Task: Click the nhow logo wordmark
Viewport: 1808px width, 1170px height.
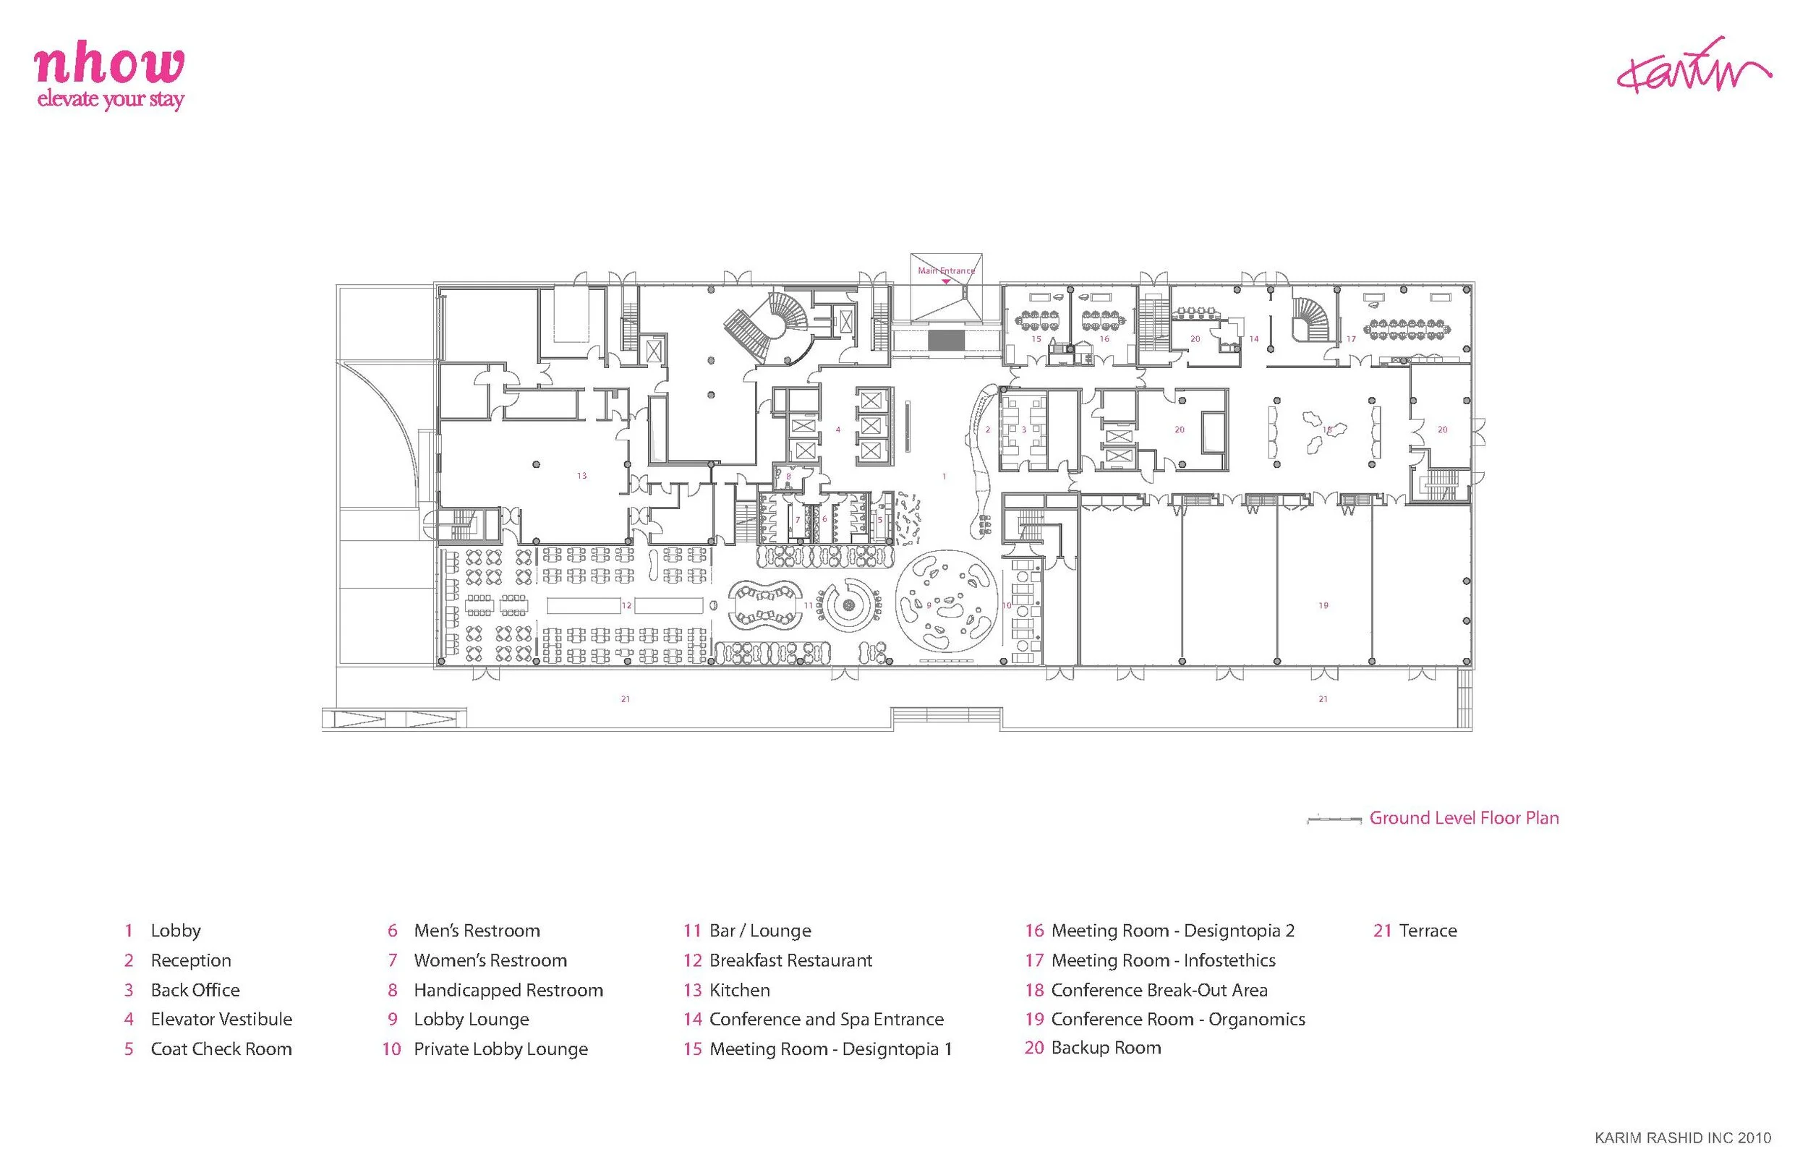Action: (x=109, y=65)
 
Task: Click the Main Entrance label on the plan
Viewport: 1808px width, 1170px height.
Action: (x=946, y=270)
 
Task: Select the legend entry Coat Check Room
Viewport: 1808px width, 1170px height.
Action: (x=221, y=1049)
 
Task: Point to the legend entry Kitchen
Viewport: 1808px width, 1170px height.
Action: (x=738, y=990)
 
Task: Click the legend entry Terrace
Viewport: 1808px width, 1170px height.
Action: (x=1427, y=931)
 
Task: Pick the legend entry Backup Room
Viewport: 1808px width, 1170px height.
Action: (x=1105, y=1049)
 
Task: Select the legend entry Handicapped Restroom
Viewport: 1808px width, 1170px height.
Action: (x=508, y=990)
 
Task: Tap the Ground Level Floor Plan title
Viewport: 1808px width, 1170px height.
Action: (x=1464, y=819)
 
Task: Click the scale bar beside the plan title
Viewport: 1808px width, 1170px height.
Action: (x=1333, y=819)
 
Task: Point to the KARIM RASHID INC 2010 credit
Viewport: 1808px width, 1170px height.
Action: (x=1683, y=1137)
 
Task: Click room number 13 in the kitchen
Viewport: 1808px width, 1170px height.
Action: (x=582, y=476)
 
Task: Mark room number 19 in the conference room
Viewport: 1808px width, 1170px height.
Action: (x=1323, y=605)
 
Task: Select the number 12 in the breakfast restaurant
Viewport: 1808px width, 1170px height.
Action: (x=626, y=605)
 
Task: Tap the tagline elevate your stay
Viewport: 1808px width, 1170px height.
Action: (x=111, y=99)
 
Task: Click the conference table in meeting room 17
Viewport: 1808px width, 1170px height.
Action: (x=1406, y=329)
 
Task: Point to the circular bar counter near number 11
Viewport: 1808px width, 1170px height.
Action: (x=848, y=605)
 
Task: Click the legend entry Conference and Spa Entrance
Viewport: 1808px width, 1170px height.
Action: (x=826, y=1020)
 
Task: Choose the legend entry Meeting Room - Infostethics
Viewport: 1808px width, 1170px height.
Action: (x=1162, y=960)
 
